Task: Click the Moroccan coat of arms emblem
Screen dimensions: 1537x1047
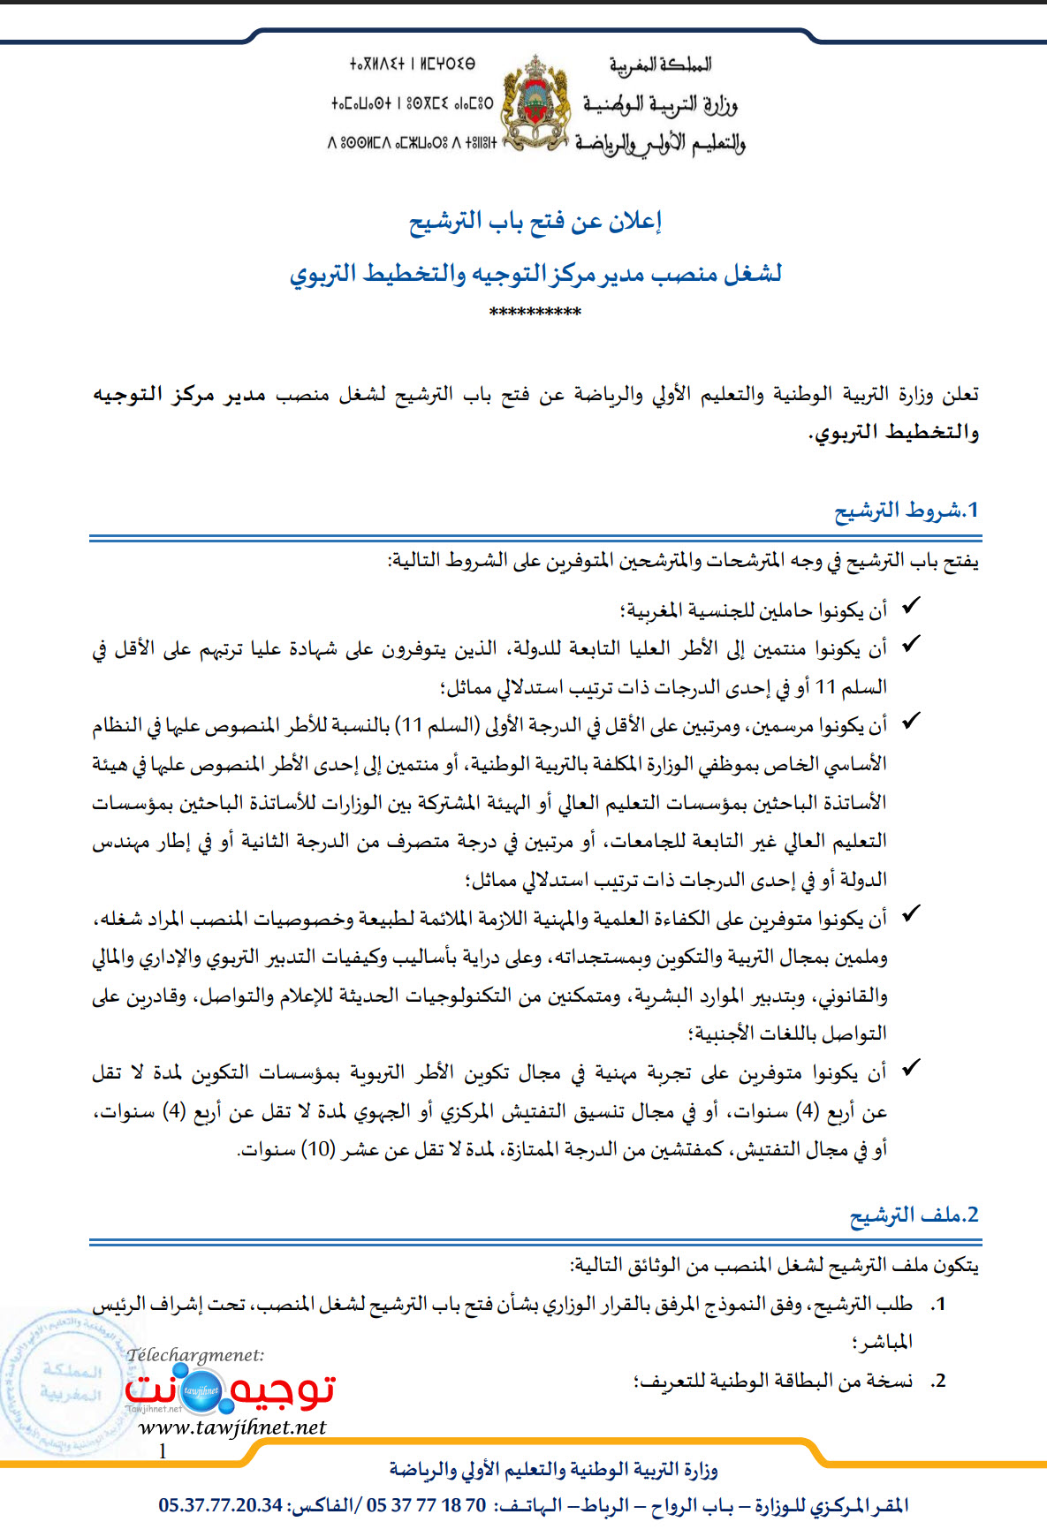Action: click(535, 102)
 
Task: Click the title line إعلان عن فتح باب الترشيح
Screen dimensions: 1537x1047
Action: click(535, 221)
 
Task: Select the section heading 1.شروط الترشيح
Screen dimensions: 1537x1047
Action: click(907, 511)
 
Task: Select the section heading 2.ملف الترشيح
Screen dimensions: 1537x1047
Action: click(914, 1215)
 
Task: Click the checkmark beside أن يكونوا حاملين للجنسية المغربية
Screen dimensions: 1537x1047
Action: click(911, 606)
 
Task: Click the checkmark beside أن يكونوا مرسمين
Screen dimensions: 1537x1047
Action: click(911, 722)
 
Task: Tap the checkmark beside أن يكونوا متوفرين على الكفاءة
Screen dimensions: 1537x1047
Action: click(911, 914)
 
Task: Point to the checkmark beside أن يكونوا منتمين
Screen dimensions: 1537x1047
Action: click(911, 644)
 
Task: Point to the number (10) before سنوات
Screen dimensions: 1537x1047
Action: click(316, 1149)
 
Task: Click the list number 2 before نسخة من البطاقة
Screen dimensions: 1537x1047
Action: click(938, 1381)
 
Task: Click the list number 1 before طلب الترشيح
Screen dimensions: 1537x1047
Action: click(938, 1304)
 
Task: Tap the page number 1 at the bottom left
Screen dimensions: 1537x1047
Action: click(163, 1450)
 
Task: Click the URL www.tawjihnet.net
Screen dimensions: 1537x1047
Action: click(232, 1427)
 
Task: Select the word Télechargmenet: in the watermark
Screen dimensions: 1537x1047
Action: click(195, 1355)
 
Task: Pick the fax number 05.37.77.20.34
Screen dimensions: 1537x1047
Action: click(221, 1505)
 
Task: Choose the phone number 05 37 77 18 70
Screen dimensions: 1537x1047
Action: click(426, 1505)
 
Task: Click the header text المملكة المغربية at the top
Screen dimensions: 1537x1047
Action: click(660, 64)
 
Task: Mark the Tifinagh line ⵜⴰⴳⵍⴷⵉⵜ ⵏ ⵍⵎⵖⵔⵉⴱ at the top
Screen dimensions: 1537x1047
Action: click(412, 64)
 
